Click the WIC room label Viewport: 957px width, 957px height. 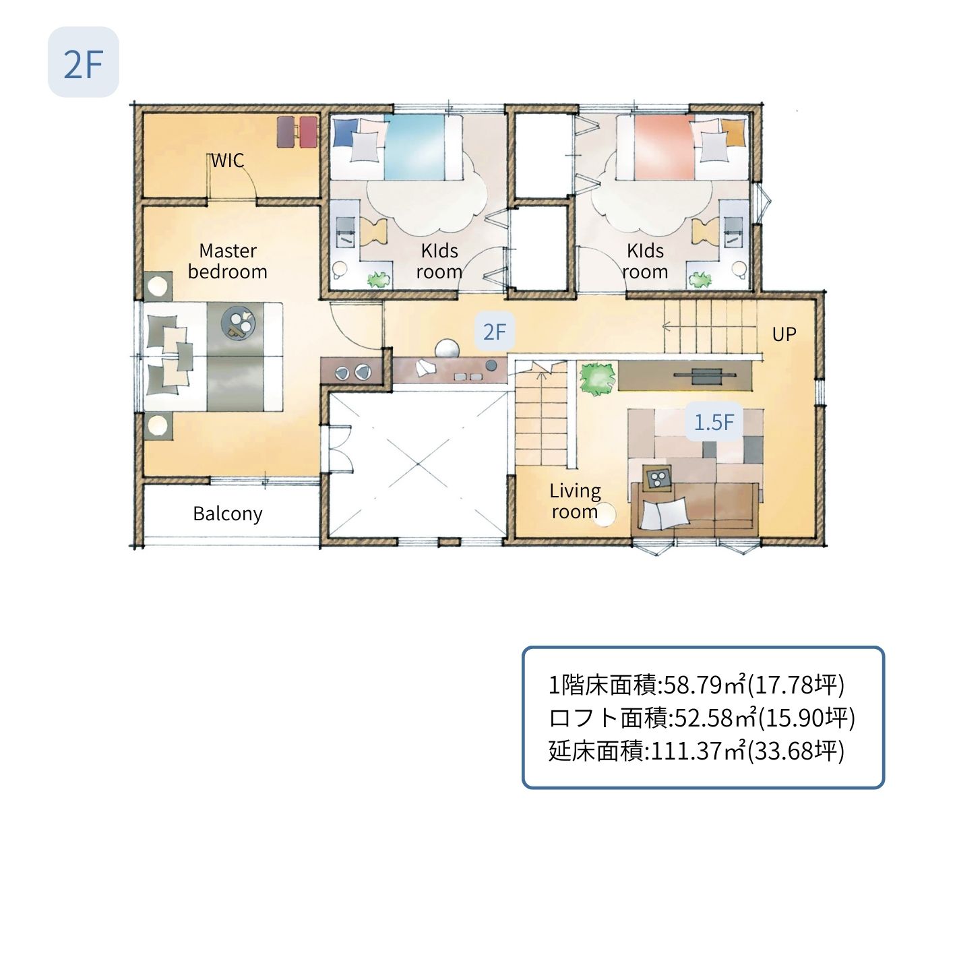click(x=227, y=160)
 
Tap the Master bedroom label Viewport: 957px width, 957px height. click(x=227, y=261)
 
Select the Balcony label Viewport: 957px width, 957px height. click(x=227, y=514)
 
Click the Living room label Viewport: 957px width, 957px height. click(x=575, y=501)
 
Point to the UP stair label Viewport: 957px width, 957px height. click(x=784, y=334)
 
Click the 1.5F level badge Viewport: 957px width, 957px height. click(x=714, y=423)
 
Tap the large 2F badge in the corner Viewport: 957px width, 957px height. click(x=84, y=63)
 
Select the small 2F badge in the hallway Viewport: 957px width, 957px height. click(x=495, y=332)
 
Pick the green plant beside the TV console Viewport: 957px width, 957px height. click(x=597, y=379)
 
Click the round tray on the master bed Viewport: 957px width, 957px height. click(x=239, y=323)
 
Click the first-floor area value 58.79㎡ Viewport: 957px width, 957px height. click(x=705, y=685)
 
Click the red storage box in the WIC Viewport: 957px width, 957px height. click(x=308, y=131)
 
